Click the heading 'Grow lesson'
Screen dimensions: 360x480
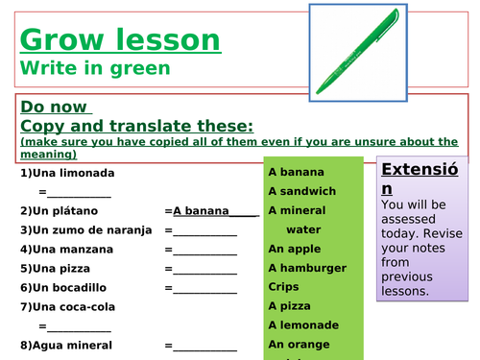click(x=119, y=40)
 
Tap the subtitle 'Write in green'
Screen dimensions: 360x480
click(x=94, y=68)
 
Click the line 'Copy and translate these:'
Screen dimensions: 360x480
click(x=136, y=126)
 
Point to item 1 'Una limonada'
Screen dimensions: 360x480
click(x=67, y=173)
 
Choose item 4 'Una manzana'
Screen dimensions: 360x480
click(x=66, y=250)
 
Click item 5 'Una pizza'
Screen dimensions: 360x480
click(x=58, y=269)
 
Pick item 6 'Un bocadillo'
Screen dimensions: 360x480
click(x=66, y=288)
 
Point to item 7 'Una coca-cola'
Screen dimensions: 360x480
click(x=68, y=307)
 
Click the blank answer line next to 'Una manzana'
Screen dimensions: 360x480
click(x=203, y=252)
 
